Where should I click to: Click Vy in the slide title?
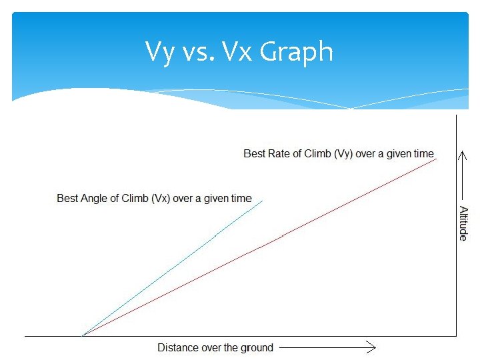[x=160, y=52]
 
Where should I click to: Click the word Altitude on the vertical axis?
[x=463, y=223]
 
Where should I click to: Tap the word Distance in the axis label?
[x=177, y=347]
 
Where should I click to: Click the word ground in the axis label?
[x=257, y=347]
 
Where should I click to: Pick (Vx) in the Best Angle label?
[x=158, y=198]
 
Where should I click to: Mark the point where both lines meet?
[x=82, y=335]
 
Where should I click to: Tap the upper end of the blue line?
[x=263, y=201]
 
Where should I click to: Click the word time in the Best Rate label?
[x=423, y=153]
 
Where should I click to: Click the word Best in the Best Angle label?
[x=67, y=198]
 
